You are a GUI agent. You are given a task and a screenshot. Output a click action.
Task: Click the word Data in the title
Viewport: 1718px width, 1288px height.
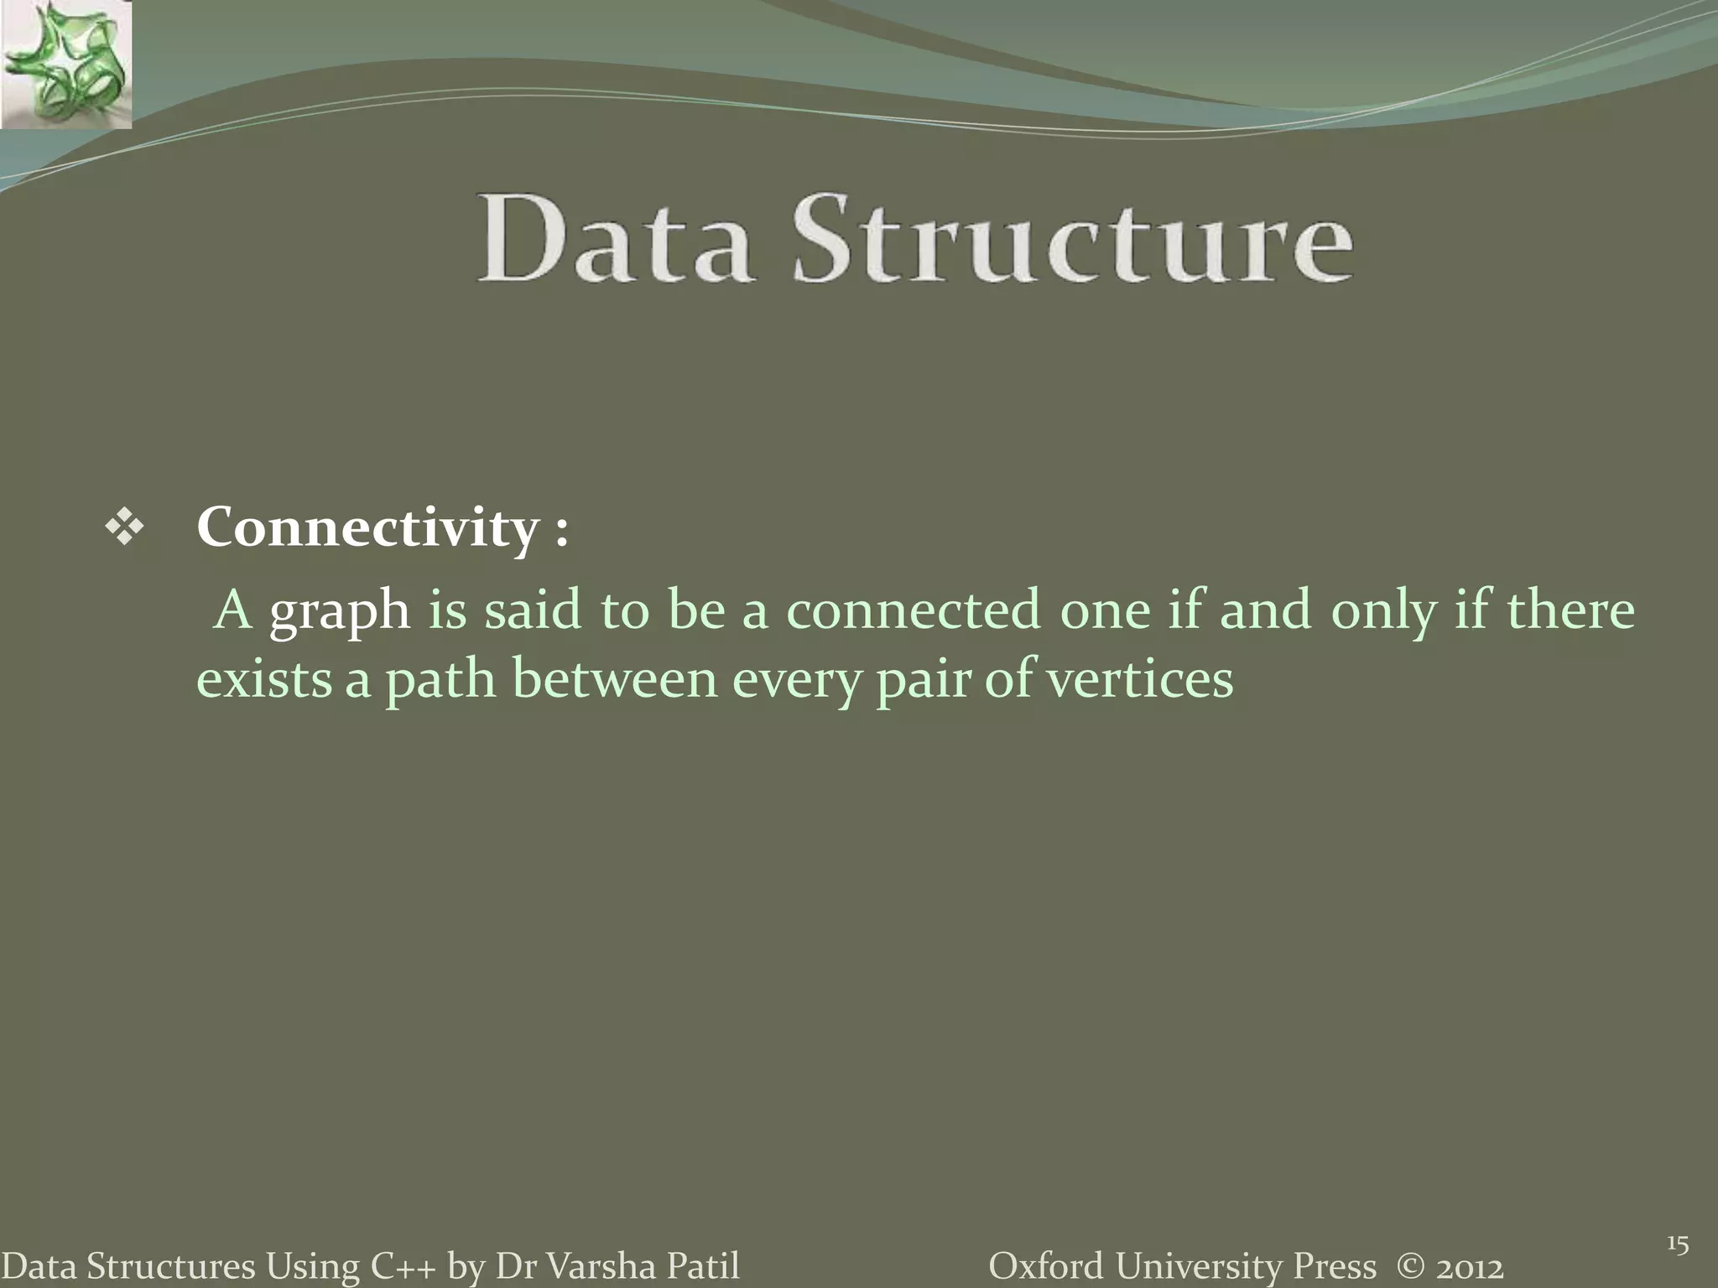click(613, 240)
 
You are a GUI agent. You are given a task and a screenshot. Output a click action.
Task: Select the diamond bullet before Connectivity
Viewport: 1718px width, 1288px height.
click(124, 529)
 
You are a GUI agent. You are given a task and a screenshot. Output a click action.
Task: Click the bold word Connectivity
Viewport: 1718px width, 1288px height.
click(367, 528)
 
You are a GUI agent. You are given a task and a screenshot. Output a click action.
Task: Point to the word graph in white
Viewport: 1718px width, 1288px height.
click(339, 610)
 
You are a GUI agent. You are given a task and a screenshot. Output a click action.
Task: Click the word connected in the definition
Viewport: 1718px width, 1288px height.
click(913, 610)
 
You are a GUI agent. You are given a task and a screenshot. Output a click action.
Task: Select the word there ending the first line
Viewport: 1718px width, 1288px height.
click(1570, 610)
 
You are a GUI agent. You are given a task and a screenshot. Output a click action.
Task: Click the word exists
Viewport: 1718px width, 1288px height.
click(264, 679)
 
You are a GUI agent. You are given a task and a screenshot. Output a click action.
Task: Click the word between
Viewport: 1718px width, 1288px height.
click(614, 679)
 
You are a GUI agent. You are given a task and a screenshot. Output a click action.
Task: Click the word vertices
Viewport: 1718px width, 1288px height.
click(1141, 679)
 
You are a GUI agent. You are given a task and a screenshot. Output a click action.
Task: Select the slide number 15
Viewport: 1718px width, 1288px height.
click(1677, 1244)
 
